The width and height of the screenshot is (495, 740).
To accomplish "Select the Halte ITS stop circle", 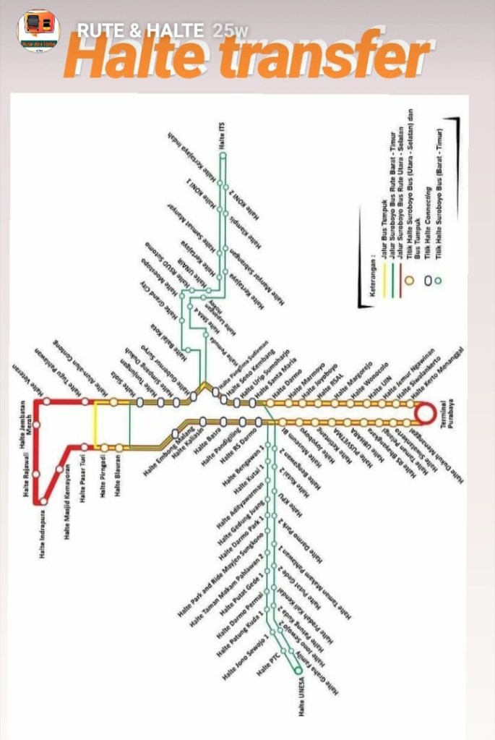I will click(x=223, y=155).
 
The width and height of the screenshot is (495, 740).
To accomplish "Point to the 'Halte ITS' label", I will click(x=223, y=135).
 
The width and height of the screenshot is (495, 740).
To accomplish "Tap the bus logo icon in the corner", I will click(x=38, y=30).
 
